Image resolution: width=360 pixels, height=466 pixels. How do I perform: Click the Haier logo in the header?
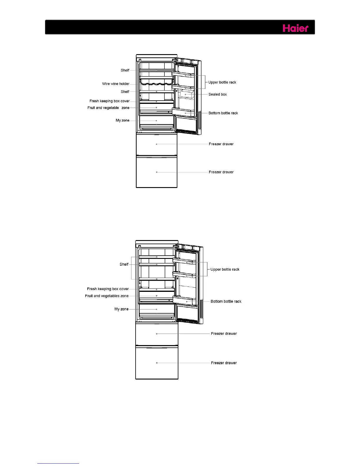click(295, 28)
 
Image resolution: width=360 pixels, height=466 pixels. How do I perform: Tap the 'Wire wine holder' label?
click(116, 84)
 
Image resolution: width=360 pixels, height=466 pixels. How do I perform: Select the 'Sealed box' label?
click(217, 94)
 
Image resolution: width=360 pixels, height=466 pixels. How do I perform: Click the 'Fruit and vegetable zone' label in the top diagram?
click(108, 108)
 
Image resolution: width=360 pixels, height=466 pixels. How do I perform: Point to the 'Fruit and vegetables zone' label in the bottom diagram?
click(107, 296)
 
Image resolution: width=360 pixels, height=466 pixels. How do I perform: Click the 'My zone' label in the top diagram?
click(122, 120)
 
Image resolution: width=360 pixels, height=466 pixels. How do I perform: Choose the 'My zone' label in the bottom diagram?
click(121, 309)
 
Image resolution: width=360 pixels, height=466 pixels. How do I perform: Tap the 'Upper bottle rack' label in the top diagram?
click(222, 82)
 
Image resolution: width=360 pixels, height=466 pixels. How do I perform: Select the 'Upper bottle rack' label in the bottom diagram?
click(225, 269)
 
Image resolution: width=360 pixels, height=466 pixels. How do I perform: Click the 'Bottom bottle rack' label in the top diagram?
click(223, 113)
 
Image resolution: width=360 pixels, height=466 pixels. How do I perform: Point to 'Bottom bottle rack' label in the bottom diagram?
click(226, 302)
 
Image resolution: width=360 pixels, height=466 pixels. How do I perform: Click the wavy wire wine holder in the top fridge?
click(156, 84)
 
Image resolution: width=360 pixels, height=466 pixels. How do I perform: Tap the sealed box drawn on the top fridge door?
click(186, 95)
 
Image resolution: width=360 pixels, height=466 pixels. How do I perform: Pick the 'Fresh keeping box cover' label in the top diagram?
click(109, 101)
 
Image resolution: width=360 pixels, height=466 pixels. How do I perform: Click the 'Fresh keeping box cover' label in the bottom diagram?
click(108, 289)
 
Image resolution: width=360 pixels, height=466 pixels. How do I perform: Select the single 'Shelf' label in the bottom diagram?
click(124, 264)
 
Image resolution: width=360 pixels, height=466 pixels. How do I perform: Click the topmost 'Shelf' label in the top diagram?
click(125, 70)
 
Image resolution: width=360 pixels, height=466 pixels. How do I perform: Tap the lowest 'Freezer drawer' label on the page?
click(224, 363)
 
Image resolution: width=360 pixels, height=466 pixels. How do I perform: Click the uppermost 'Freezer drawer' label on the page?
click(221, 144)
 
